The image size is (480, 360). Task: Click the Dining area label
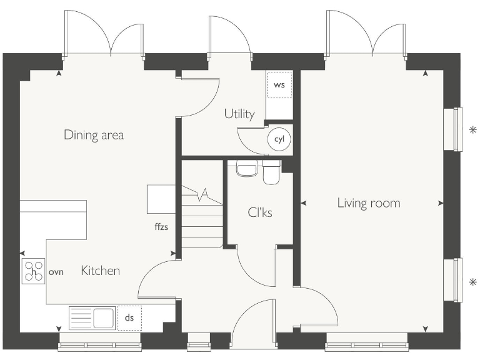(94, 135)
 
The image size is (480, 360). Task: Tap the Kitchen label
(101, 271)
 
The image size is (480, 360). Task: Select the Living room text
(369, 203)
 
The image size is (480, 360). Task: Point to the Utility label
(239, 114)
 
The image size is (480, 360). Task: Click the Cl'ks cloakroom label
(260, 212)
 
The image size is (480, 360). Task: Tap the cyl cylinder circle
(279, 139)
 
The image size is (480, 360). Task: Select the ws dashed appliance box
(279, 85)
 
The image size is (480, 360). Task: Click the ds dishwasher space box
(129, 317)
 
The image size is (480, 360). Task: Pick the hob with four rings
(33, 271)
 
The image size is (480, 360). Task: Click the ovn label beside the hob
(56, 272)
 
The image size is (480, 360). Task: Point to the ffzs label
(161, 227)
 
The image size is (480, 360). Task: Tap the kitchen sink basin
(104, 318)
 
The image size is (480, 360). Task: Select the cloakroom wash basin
(246, 170)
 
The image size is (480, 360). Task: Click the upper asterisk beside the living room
(473, 130)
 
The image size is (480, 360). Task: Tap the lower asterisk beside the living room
(473, 282)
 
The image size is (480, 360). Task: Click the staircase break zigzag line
(202, 195)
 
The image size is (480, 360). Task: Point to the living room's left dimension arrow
(304, 203)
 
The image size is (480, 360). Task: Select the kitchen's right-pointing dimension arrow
(173, 253)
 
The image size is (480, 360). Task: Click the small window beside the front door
(199, 341)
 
